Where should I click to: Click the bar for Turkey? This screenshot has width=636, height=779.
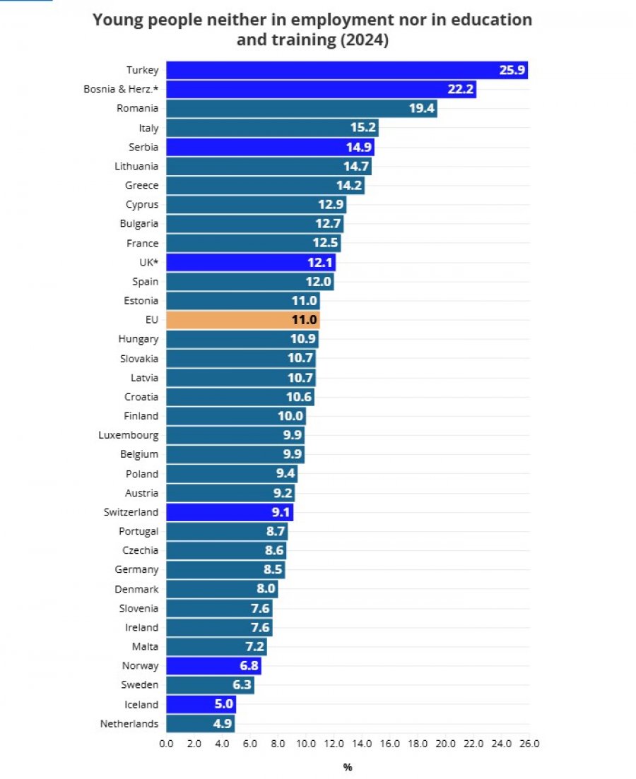(x=346, y=70)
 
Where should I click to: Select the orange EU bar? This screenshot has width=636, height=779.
(x=242, y=320)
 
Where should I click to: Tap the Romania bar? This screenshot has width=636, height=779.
(x=301, y=108)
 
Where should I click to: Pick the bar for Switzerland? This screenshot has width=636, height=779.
(x=230, y=512)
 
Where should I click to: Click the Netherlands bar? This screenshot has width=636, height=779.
(x=201, y=724)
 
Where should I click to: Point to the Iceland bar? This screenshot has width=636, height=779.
(x=201, y=704)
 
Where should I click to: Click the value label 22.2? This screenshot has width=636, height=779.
(x=461, y=89)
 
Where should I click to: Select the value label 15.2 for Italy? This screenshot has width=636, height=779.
(x=363, y=127)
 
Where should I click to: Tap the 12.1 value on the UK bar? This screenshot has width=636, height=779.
(x=319, y=262)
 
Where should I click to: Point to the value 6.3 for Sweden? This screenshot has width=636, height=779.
(x=242, y=684)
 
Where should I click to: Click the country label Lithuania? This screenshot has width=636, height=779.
(x=136, y=166)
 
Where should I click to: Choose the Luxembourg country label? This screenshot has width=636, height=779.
(x=129, y=435)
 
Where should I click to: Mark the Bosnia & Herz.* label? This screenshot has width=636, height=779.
(x=121, y=89)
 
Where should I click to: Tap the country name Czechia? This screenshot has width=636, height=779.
(x=140, y=550)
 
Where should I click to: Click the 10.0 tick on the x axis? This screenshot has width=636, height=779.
(x=306, y=744)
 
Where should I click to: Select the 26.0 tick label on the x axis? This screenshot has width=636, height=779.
(x=529, y=744)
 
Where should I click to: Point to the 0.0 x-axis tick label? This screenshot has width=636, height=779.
(x=166, y=744)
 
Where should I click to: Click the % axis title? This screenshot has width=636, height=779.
(x=348, y=767)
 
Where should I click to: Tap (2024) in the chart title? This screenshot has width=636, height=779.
(x=365, y=40)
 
